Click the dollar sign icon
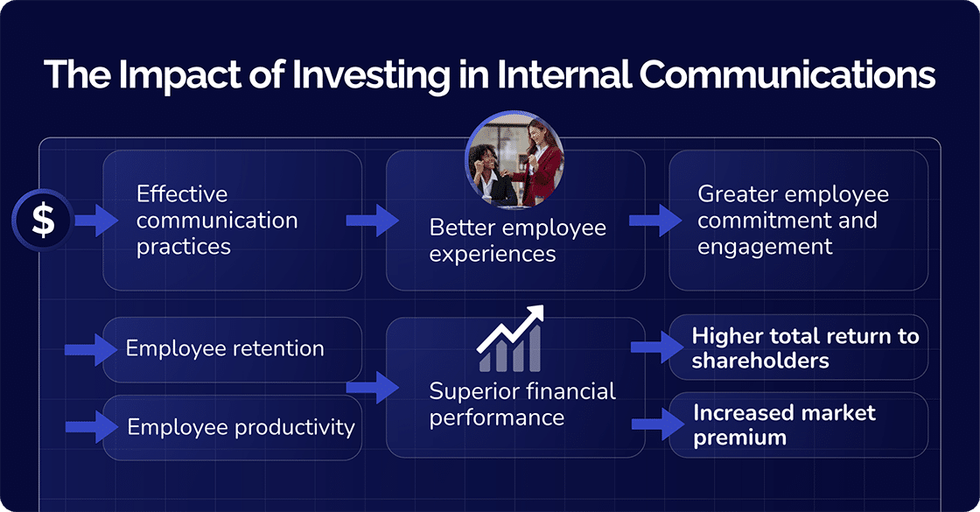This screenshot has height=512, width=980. click(x=43, y=221)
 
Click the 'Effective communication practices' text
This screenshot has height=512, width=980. click(x=217, y=220)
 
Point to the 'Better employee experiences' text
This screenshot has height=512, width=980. click(x=517, y=241)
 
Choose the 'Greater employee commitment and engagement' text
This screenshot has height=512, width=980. click(x=792, y=220)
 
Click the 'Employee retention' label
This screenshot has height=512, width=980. click(x=225, y=348)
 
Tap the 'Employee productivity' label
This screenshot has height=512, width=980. click(x=241, y=427)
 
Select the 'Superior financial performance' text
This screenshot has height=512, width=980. click(x=522, y=403)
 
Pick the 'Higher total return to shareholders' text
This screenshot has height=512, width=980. click(x=805, y=348)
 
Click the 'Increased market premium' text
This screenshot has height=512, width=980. click(x=784, y=424)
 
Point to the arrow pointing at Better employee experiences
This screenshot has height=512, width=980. click(x=373, y=221)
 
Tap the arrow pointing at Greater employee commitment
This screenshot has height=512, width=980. click(x=655, y=221)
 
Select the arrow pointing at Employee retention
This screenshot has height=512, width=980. click(x=91, y=350)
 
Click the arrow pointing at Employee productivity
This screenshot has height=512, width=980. click(x=91, y=427)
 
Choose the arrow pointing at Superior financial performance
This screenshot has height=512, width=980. click(x=373, y=387)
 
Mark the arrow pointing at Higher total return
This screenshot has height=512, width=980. click(x=656, y=347)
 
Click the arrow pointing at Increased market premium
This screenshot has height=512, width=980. click(x=656, y=424)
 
